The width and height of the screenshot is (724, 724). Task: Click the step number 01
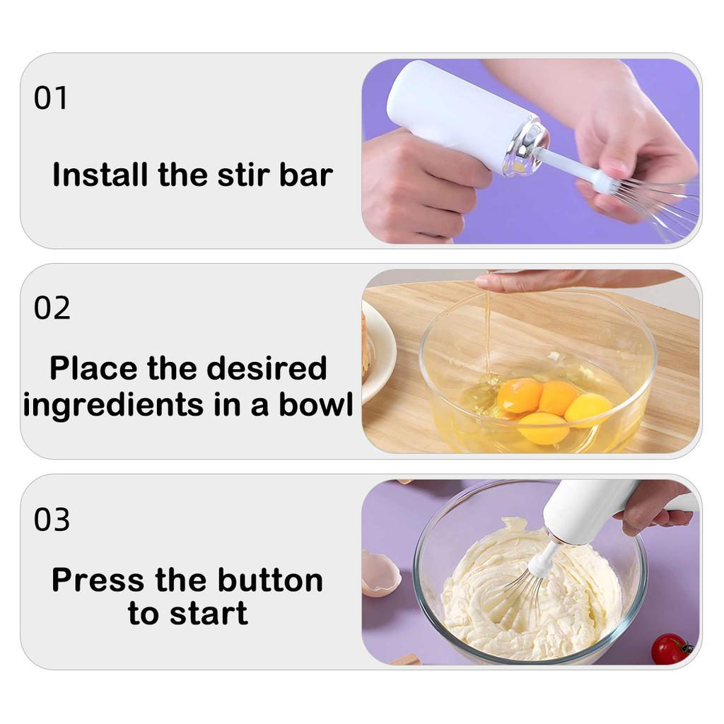click(51, 98)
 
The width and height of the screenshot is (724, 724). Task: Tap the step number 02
click(52, 309)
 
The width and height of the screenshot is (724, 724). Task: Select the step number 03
click(52, 520)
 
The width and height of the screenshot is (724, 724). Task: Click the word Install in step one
click(100, 175)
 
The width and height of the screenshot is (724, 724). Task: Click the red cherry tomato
click(670, 648)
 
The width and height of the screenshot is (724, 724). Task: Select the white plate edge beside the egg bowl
click(382, 354)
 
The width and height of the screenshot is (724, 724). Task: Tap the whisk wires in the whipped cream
click(520, 597)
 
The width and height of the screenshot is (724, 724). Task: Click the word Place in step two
click(93, 368)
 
